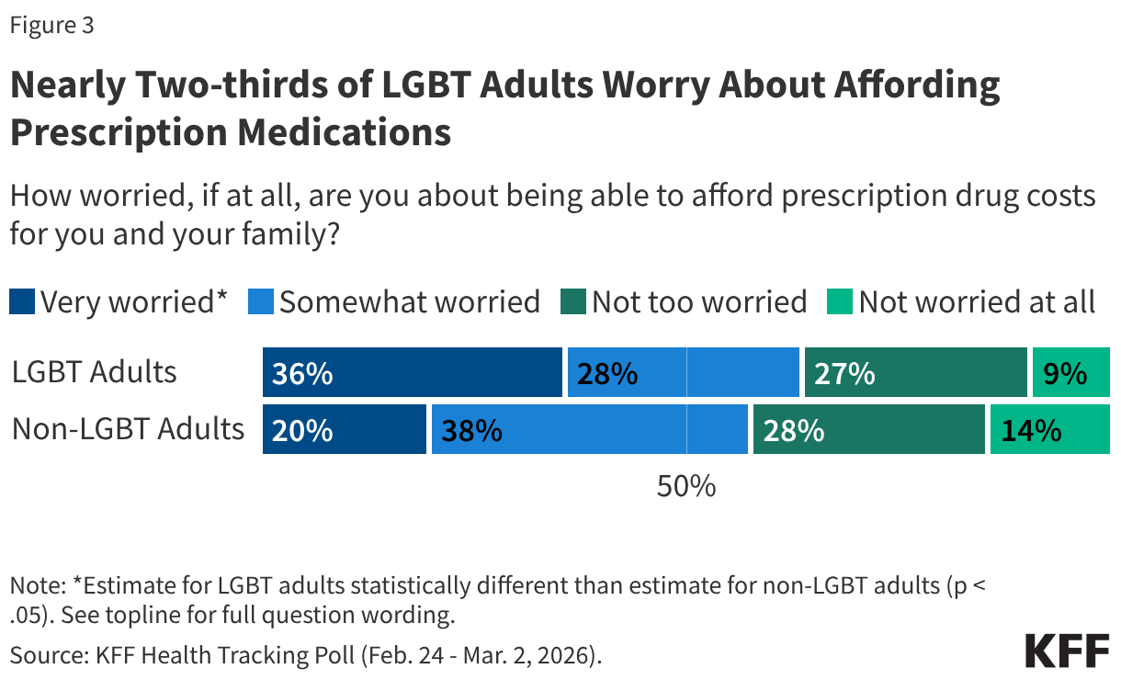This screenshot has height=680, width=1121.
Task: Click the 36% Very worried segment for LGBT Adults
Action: point(412,373)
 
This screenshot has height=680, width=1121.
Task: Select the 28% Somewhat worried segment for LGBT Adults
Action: point(683,373)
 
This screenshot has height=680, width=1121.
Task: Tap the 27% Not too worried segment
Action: point(915,373)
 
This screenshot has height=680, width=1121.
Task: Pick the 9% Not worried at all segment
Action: point(1070,373)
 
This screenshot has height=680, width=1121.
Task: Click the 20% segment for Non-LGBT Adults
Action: point(345,429)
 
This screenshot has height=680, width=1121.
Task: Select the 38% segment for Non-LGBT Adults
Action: point(589,429)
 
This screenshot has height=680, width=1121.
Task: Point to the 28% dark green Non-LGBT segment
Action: point(868,429)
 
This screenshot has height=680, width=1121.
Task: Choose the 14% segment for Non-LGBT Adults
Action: point(1049,429)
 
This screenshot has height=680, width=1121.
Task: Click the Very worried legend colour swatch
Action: point(22,301)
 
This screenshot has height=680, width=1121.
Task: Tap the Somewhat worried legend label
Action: point(410,301)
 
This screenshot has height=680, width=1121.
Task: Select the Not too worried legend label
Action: point(699,301)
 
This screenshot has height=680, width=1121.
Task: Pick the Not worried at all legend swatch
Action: point(841,301)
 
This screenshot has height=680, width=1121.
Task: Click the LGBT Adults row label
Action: point(95,372)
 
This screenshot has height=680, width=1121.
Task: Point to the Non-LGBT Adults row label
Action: point(129,429)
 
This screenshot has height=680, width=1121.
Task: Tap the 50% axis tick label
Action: point(686,486)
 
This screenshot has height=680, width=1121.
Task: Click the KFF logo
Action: point(1067,651)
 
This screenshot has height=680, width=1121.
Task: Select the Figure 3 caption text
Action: point(51,26)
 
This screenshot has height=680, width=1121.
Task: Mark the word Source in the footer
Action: point(40,655)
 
